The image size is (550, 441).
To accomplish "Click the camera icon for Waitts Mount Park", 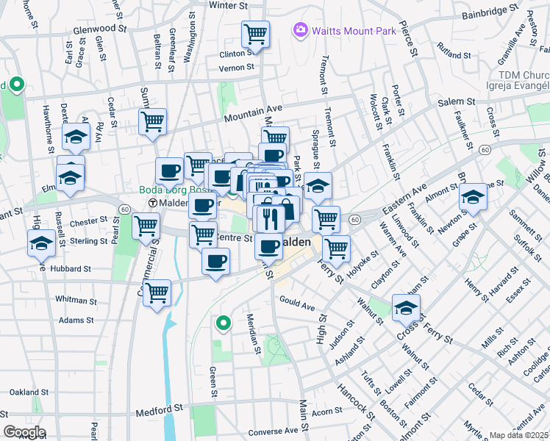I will pyautogui.click(x=300, y=30).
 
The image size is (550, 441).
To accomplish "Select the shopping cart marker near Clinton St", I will pyautogui.click(x=255, y=33).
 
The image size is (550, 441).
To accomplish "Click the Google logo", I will pyautogui.click(x=24, y=431).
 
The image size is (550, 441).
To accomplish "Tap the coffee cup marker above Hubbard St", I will pyautogui.click(x=215, y=262).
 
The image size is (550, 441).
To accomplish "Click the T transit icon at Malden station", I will pyautogui.click(x=153, y=203).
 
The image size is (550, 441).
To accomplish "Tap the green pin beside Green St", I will pyautogui.click(x=222, y=322).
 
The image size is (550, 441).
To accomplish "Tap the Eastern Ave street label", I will pyautogui.click(x=404, y=198).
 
